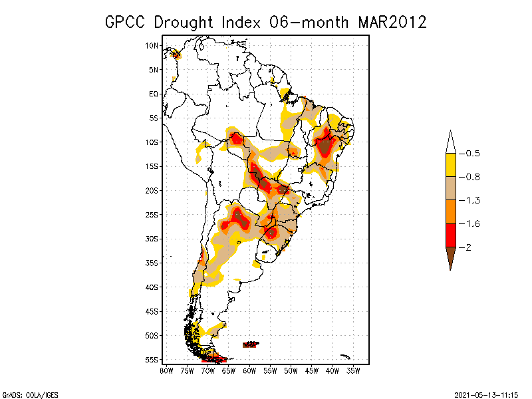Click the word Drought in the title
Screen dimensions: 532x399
click(x=184, y=23)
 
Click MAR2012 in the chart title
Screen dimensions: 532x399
click(x=392, y=23)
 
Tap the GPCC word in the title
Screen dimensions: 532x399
click(x=125, y=23)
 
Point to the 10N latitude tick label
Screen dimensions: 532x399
click(x=152, y=45)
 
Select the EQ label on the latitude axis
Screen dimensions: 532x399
click(x=154, y=94)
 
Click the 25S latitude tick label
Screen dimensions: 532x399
click(x=152, y=215)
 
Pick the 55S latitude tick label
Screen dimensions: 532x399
click(x=152, y=360)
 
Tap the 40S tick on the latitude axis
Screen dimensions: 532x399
click(x=152, y=287)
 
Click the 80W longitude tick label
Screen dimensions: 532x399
click(x=166, y=371)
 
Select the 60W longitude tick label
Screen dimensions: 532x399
click(x=249, y=371)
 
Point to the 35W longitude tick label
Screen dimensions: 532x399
click(x=353, y=371)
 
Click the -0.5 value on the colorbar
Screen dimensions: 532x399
click(x=469, y=154)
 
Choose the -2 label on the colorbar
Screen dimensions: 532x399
click(x=465, y=247)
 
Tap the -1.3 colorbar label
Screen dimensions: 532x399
click(x=469, y=201)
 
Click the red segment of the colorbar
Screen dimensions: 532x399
click(x=451, y=235)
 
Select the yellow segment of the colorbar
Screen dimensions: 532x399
click(x=451, y=165)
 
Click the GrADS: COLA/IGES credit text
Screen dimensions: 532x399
click(x=31, y=395)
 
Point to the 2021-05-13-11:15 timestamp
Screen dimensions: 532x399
click(x=486, y=395)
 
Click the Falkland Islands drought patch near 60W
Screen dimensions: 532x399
click(x=251, y=344)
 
